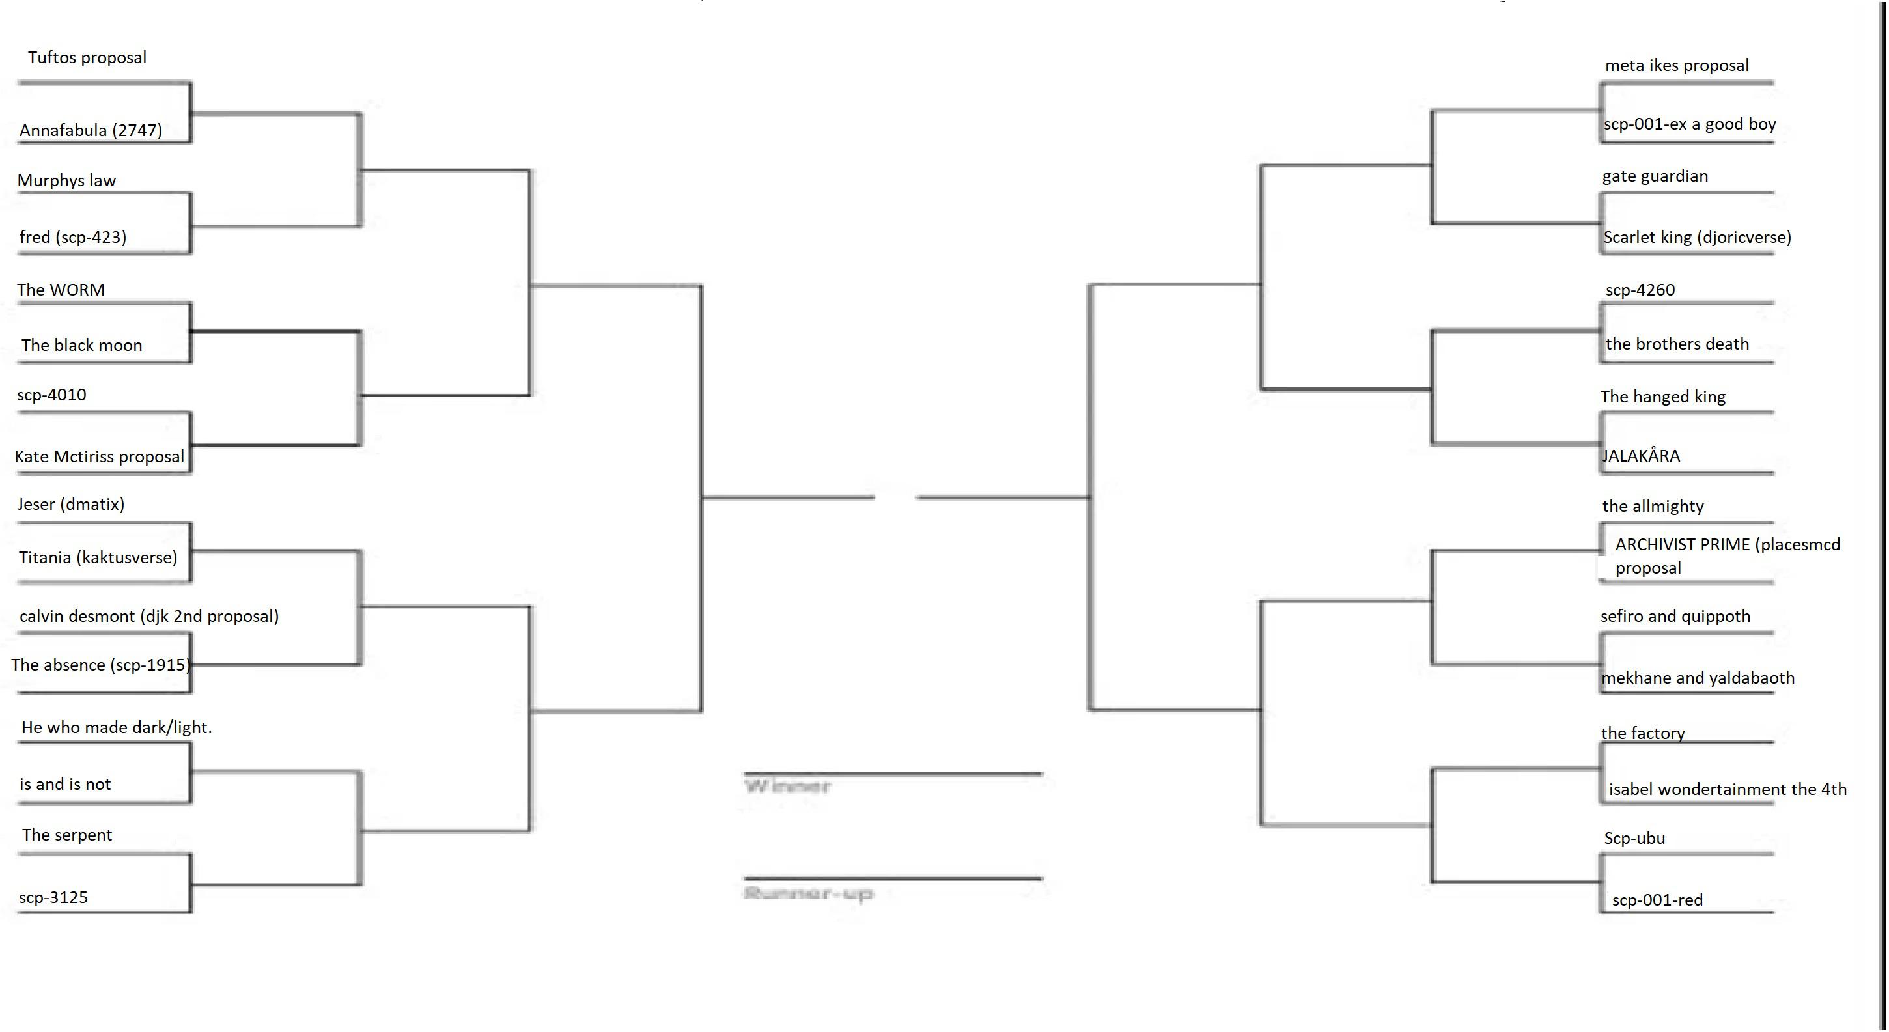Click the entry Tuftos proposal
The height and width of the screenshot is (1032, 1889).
click(87, 58)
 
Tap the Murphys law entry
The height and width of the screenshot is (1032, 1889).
click(66, 181)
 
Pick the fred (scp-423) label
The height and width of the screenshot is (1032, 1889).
click(74, 237)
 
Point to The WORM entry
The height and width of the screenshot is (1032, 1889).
click(61, 290)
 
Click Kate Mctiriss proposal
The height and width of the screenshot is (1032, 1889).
click(100, 457)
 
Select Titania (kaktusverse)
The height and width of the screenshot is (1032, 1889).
click(98, 557)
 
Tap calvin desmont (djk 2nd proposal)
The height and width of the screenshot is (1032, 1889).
click(150, 616)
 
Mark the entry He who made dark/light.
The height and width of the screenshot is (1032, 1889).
click(117, 727)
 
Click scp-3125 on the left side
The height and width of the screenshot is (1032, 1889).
click(53, 898)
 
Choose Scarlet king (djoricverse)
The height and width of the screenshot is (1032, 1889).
click(1698, 238)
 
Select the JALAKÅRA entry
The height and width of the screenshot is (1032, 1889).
click(1641, 456)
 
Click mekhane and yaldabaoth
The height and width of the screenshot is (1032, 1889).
click(1698, 678)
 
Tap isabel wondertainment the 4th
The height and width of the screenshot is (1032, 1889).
click(1728, 790)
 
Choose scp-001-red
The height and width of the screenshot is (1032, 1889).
click(1657, 900)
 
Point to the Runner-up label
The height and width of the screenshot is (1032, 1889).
click(808, 893)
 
